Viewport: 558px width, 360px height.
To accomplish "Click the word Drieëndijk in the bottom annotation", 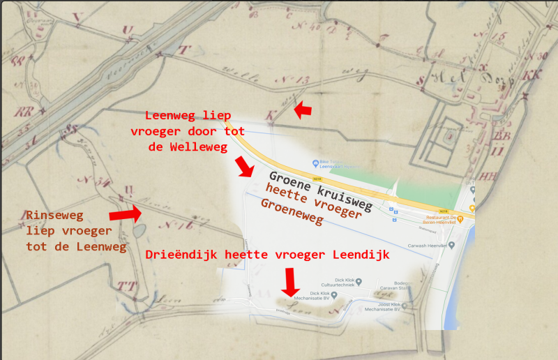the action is [x=183, y=255].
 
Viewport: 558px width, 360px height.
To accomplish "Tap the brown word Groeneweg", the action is [x=292, y=211].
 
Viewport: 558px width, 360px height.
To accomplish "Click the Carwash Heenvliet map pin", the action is [x=452, y=245].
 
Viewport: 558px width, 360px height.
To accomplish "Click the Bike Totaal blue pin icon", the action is [x=316, y=162].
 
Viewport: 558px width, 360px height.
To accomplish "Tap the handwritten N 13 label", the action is [x=298, y=82].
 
